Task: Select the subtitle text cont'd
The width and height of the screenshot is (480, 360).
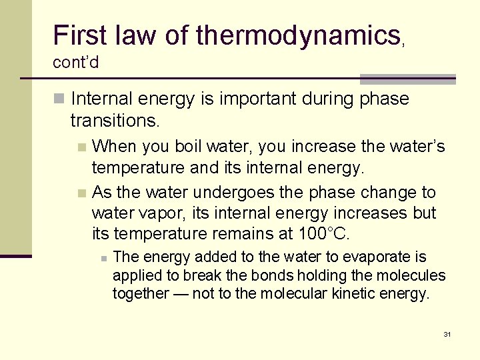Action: tap(76, 63)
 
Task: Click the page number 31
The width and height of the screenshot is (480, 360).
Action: tap(447, 333)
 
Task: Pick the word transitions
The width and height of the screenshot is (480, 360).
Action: tap(115, 120)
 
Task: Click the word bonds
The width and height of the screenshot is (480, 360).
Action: tap(257, 275)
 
